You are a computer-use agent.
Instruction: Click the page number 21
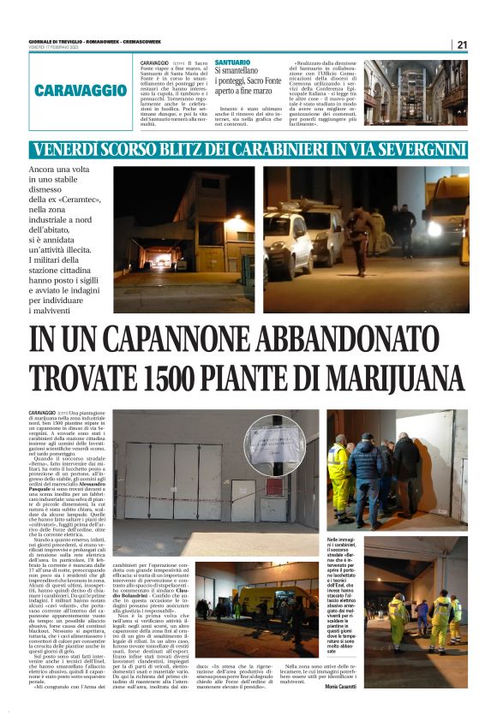[462, 45]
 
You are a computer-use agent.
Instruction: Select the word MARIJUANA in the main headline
[368, 378]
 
